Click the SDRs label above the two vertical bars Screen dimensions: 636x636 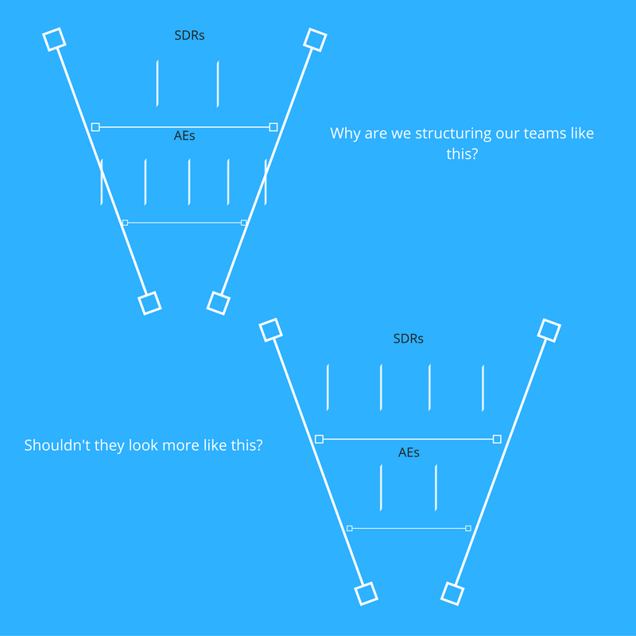point(189,36)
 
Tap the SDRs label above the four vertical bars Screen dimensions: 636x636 point(409,339)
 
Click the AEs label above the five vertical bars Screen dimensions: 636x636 point(184,136)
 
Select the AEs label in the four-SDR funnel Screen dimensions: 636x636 point(409,452)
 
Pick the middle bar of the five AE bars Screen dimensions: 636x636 point(189,182)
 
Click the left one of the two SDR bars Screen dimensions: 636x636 point(157,83)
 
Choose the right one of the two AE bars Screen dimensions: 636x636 point(436,487)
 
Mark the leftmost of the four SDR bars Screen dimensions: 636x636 point(328,387)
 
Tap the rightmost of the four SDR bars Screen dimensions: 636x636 point(483,388)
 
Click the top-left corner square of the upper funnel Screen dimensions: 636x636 point(54,39)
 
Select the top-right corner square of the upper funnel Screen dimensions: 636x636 point(315,40)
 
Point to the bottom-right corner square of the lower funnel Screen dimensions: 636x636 point(452,593)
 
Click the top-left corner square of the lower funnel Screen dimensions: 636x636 point(270,330)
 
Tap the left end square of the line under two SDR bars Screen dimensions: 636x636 point(95,127)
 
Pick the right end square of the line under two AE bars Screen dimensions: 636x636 point(468,528)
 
